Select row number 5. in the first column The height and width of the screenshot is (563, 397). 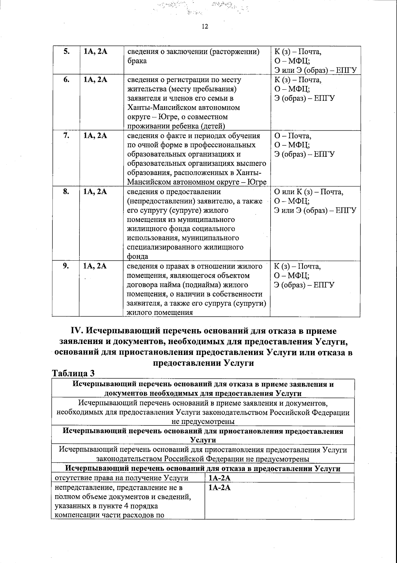66,52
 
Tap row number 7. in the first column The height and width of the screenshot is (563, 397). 66,136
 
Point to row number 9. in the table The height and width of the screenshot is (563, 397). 66,266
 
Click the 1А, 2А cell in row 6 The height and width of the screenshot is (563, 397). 96,80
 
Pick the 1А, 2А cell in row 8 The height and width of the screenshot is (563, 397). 96,192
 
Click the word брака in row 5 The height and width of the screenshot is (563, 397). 137,61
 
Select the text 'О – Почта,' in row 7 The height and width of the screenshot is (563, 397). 293,136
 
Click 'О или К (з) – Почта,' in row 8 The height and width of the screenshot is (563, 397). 309,192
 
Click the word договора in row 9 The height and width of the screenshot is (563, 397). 142,285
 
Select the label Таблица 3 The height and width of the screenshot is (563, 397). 74,373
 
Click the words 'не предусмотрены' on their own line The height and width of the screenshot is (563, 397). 203,421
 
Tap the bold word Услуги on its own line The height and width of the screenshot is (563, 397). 203,440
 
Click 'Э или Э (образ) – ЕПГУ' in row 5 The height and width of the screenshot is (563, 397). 315,70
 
